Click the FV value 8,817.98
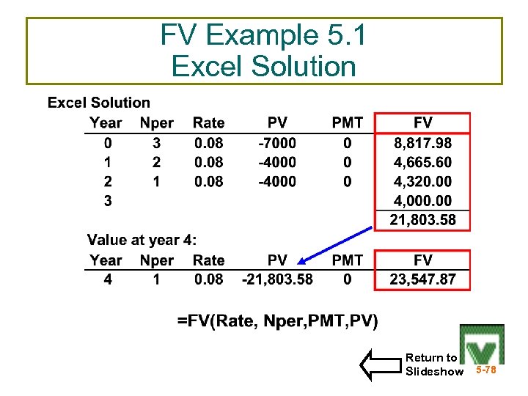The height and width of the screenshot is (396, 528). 422,143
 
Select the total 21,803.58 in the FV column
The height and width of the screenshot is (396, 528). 422,219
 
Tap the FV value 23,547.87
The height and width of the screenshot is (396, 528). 422,279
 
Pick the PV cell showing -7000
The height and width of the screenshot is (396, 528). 277,143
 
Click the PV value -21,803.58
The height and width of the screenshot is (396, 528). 277,279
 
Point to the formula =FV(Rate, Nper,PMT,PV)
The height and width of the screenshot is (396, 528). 278,320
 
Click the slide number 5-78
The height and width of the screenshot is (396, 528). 485,370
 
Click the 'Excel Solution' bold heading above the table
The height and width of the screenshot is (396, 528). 99,103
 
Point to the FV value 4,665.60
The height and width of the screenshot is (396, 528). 422,162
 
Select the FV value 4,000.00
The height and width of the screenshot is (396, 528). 422,200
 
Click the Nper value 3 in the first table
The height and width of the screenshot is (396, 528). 155,143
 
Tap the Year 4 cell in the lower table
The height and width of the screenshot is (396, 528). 108,279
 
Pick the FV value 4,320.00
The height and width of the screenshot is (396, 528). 422,181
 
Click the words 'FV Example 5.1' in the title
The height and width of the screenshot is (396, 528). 263,35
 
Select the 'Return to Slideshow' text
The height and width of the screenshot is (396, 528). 433,364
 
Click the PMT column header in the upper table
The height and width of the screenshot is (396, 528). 347,123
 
